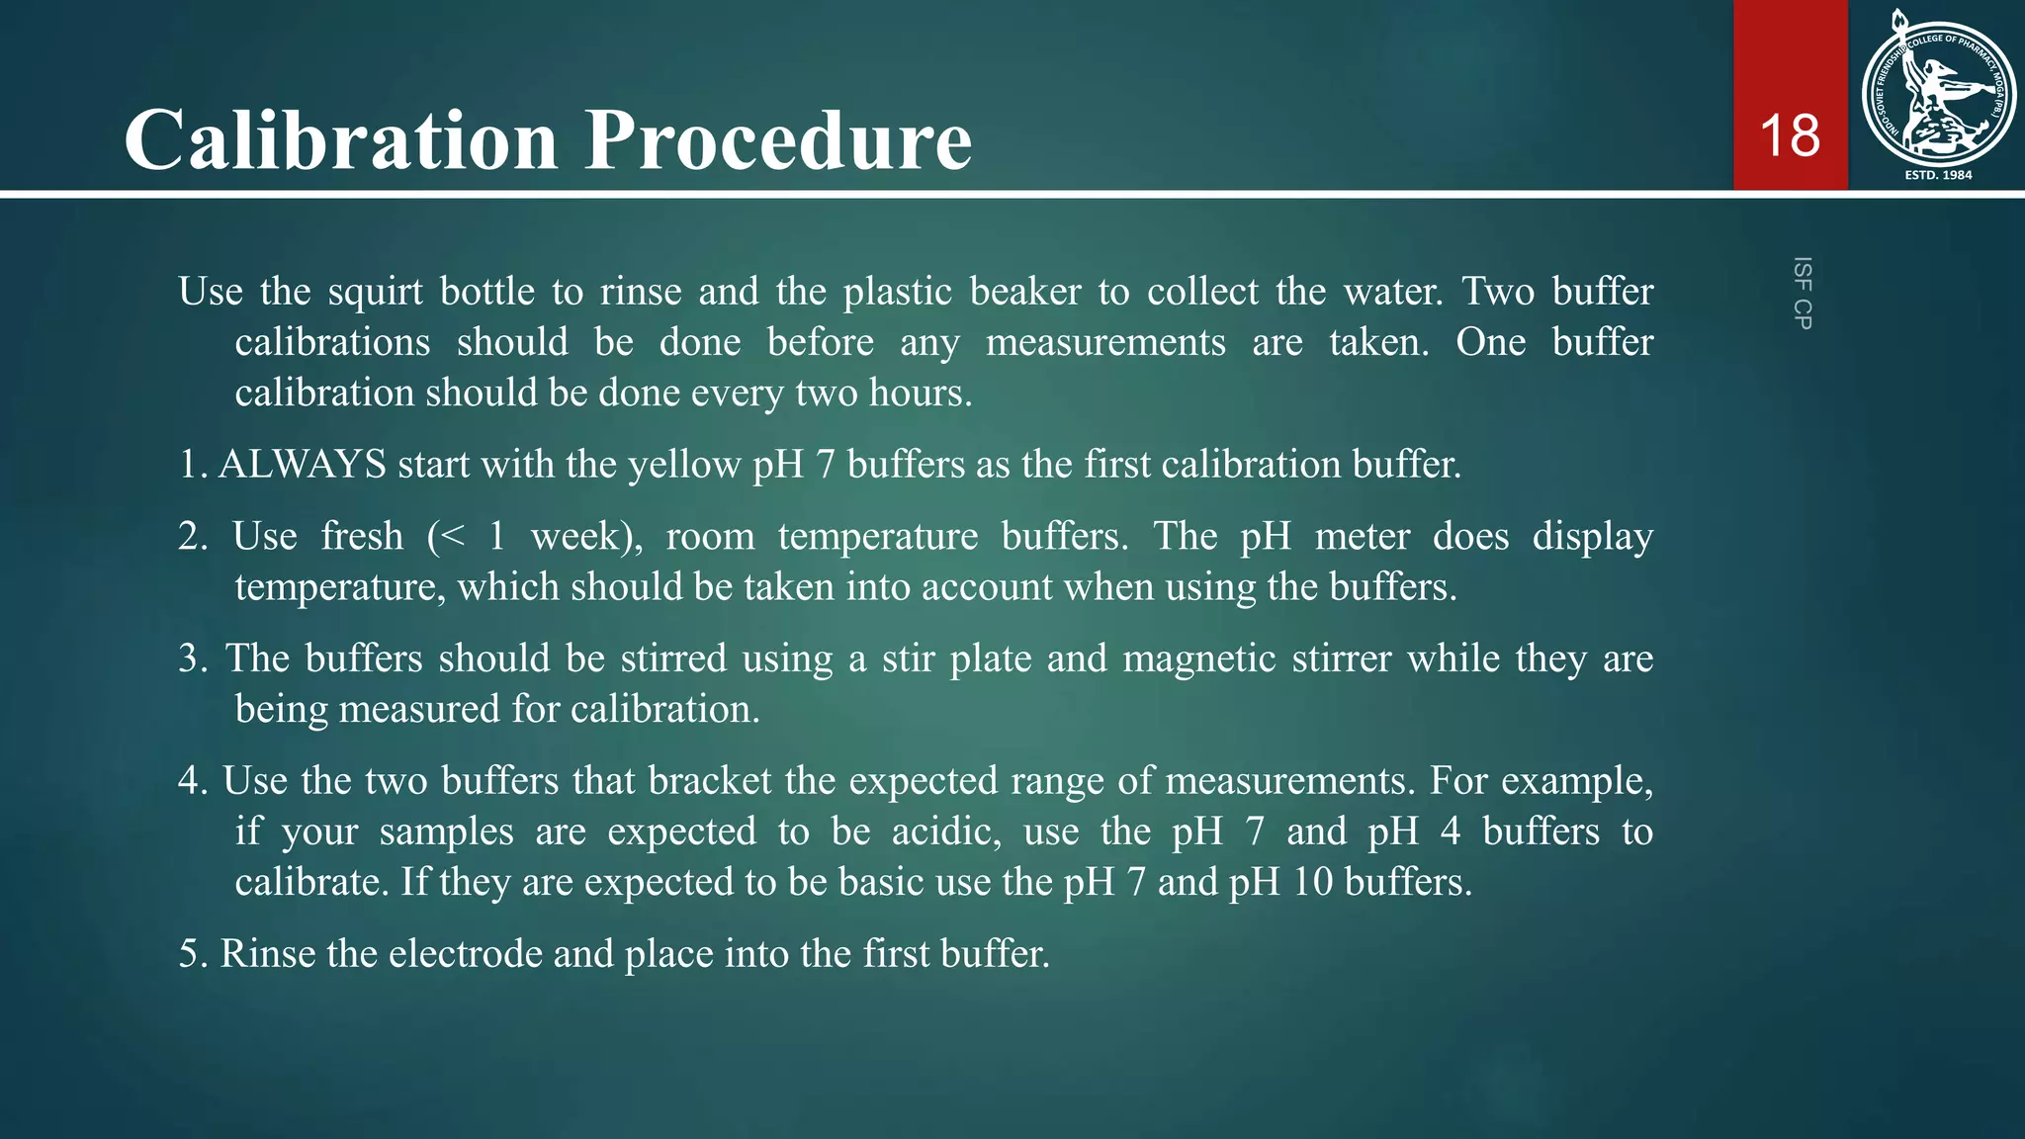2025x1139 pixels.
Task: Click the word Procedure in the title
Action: (x=779, y=139)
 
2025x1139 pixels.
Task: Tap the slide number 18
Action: (x=1790, y=135)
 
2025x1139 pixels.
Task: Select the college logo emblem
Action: (x=1938, y=91)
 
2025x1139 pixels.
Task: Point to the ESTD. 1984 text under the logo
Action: (x=1938, y=175)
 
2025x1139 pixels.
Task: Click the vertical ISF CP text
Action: (x=1803, y=293)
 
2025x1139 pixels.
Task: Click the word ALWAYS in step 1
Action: (x=302, y=464)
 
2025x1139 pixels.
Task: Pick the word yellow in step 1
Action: (x=684, y=464)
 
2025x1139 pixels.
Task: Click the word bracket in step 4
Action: (x=709, y=781)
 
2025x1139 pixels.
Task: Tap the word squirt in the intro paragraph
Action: (x=375, y=292)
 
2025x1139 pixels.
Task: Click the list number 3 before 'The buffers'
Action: (x=190, y=658)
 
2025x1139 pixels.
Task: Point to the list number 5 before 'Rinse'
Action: (x=190, y=953)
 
